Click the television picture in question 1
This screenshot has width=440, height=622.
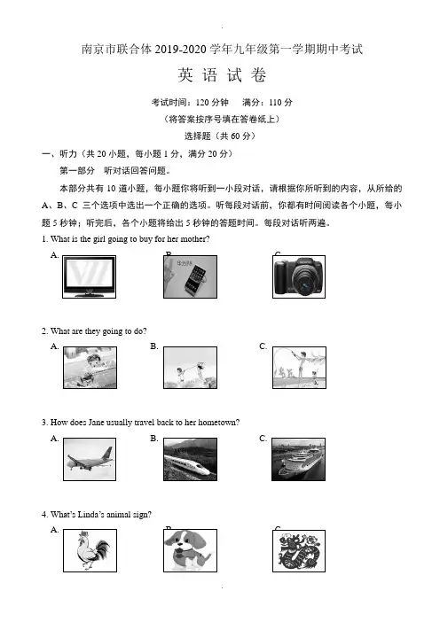pos(90,276)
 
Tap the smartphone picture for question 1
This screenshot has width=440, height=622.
pos(190,276)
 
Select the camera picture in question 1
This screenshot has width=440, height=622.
pos(299,276)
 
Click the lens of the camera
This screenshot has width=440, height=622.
pos(306,284)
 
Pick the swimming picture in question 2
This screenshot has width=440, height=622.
pos(90,368)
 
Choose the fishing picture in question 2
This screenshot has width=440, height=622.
pos(299,368)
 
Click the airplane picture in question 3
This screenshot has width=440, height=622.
pos(90,459)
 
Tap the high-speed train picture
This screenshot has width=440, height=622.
pos(190,459)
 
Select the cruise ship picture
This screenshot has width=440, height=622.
pos(298,459)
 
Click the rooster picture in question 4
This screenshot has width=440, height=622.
pos(90,550)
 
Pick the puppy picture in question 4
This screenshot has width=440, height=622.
pos(190,550)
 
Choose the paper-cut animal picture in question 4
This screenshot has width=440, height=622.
pos(299,551)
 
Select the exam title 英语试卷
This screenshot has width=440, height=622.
pos(222,75)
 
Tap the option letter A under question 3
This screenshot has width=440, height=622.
pos(54,439)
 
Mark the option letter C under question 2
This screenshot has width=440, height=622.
pos(263,346)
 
